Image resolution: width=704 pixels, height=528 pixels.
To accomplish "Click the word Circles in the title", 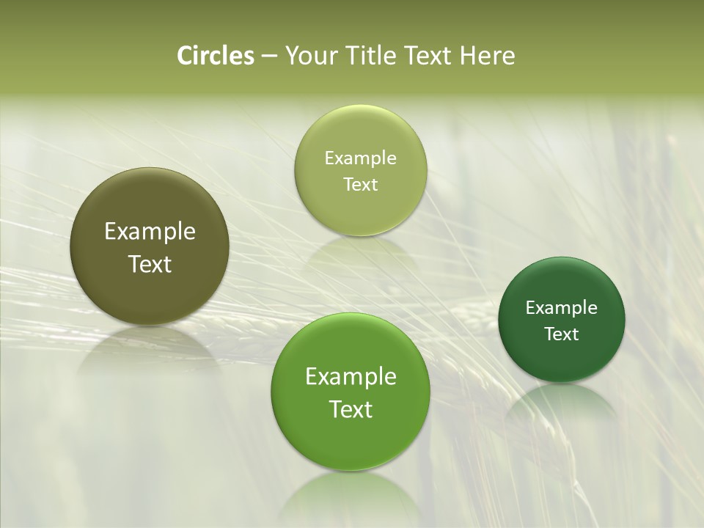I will [215, 56].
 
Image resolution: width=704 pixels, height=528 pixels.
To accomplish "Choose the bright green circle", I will [351, 440].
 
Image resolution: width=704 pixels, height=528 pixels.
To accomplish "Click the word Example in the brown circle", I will [150, 232].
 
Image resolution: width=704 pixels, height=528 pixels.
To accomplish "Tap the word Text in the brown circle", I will [150, 264].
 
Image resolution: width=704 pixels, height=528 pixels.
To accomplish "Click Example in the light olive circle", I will [361, 158].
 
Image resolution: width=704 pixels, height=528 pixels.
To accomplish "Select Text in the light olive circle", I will [361, 184].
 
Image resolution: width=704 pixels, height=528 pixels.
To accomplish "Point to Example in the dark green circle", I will [562, 308].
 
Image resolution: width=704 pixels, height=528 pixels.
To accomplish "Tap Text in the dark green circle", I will [562, 334].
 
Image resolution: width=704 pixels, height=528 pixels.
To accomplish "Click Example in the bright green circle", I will [351, 377].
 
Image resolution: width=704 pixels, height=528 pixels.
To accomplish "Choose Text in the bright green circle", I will [351, 409].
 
